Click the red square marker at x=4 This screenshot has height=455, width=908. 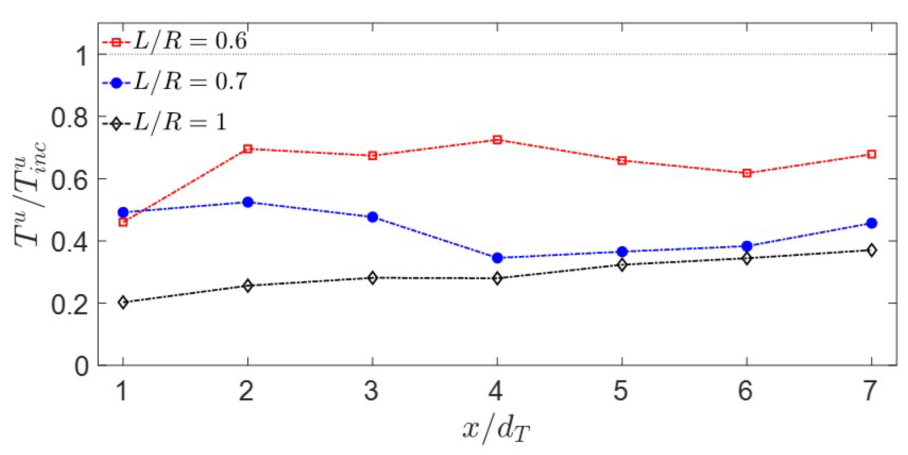point(497,140)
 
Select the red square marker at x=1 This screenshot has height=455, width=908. point(123,222)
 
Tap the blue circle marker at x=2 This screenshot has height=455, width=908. point(248,202)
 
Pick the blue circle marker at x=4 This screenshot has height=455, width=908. point(497,258)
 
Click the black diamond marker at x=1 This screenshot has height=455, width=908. point(123,302)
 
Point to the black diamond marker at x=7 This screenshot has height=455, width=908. point(872,250)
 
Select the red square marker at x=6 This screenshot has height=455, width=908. point(747,173)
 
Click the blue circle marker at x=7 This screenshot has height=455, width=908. point(872,223)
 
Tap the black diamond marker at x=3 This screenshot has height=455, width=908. point(372,278)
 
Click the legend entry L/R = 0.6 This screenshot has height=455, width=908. point(175,42)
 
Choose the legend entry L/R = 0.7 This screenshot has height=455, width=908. point(175,82)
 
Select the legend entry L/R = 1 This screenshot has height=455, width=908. point(165,123)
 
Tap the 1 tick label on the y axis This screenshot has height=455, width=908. point(82,56)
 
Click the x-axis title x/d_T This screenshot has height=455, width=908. point(496,430)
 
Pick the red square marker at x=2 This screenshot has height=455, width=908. point(248,149)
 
